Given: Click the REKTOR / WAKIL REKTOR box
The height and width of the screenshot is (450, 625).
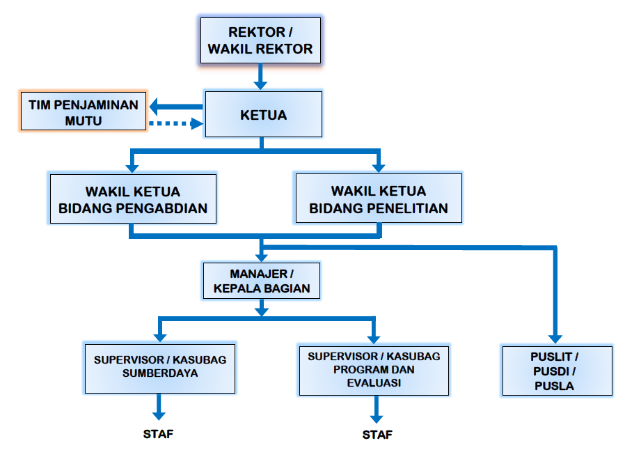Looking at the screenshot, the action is [260, 40].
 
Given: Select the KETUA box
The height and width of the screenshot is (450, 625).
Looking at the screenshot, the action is [264, 114].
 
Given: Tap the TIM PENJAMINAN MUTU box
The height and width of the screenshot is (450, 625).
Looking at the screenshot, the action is [84, 111].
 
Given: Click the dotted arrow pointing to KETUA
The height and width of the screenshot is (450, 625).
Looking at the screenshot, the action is [176, 124].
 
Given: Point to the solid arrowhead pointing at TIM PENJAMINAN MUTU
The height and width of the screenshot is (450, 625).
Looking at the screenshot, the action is [155, 107].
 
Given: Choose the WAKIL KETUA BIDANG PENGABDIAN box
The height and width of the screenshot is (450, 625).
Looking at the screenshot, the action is [133, 199].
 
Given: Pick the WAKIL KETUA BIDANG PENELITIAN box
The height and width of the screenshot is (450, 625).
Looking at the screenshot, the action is [379, 199].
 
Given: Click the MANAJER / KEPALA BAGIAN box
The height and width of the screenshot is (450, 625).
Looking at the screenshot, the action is [262, 281].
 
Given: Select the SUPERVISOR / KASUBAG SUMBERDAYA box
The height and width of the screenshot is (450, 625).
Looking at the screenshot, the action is [160, 368].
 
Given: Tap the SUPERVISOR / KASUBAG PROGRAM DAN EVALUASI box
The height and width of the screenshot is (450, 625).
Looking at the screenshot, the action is [374, 371].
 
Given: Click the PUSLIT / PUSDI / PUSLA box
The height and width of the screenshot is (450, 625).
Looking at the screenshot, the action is [557, 371].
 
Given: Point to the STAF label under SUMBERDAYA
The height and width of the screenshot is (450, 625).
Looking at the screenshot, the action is [158, 434].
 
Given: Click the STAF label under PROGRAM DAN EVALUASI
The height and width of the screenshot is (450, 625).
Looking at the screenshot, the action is [377, 435].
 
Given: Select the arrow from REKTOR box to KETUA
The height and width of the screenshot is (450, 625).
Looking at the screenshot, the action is [260, 77].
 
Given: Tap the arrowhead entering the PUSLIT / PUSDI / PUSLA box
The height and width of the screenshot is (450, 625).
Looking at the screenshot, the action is [555, 339].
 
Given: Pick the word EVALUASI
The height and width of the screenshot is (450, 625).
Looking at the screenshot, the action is [374, 383].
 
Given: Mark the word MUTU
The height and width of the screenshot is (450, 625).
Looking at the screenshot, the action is [84, 121].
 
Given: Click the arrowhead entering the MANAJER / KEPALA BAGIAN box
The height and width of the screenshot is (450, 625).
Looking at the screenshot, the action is [261, 257].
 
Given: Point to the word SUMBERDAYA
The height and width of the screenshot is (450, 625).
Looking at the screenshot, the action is [160, 373].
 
